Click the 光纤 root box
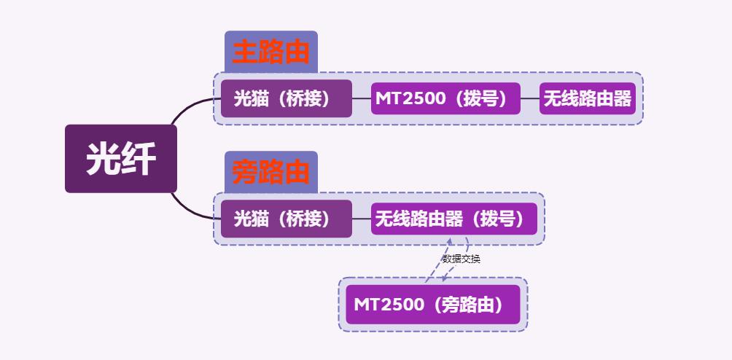(121, 159)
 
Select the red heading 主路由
(271, 52)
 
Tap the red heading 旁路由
(271, 173)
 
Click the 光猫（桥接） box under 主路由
(286, 98)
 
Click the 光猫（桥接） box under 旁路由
(286, 219)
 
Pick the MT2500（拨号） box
(445, 98)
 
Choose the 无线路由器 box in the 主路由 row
(588, 98)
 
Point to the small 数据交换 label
(461, 259)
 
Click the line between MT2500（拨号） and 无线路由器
(530, 98)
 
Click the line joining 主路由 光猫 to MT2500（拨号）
(362, 98)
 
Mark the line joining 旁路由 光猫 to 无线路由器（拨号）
(362, 219)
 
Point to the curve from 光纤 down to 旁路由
(191, 207)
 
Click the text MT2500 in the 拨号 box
(410, 98)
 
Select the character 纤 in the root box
(139, 159)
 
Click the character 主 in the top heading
(246, 52)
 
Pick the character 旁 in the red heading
(246, 173)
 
